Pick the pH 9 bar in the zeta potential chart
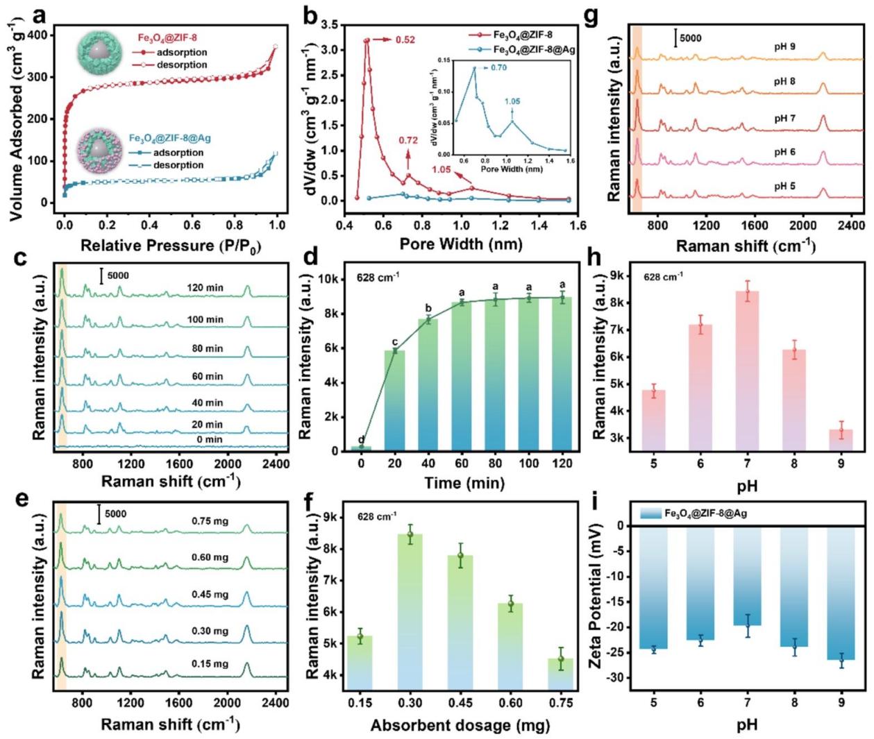[841, 593]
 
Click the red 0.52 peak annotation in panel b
[405, 40]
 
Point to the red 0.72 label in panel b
[408, 141]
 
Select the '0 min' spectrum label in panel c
[209, 439]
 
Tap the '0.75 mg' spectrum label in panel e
[210, 521]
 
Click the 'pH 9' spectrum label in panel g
[784, 47]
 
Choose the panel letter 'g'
[591, 15]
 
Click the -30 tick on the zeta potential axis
[616, 678]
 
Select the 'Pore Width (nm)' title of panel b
[461, 244]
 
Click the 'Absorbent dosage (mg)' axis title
[460, 726]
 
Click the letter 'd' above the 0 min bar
[361, 439]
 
